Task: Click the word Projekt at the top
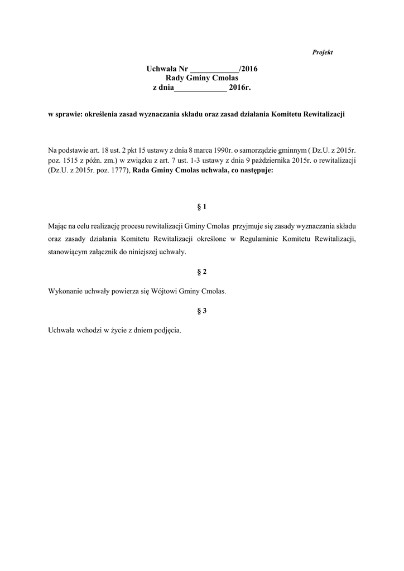tap(323, 52)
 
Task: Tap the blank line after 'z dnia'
tap(201, 88)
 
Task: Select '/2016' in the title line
tap(248, 69)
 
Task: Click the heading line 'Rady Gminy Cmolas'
tap(202, 79)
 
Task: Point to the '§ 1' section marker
tap(202, 207)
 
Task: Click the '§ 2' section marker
tap(202, 272)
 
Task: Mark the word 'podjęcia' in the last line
tap(167, 330)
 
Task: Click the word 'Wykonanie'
tap(65, 291)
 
